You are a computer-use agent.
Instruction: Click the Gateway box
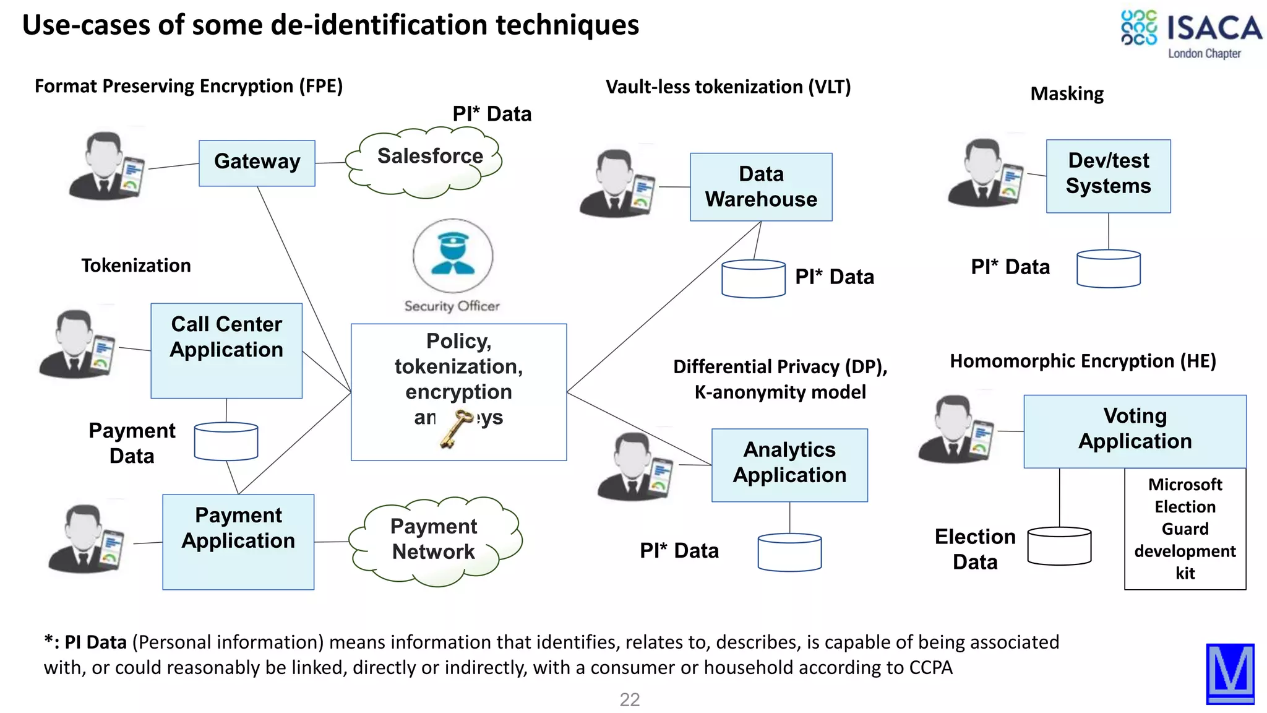(257, 163)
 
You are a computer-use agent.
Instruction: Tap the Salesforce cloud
(427, 161)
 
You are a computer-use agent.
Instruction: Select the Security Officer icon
(453, 256)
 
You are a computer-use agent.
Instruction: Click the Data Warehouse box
(761, 187)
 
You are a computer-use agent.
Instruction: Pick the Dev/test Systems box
(1108, 176)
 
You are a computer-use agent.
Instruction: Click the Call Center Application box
(226, 350)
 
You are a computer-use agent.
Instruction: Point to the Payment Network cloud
(434, 540)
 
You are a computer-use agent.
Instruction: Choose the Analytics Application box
(789, 465)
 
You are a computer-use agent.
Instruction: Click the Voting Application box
(1135, 431)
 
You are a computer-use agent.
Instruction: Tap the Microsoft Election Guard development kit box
(1185, 529)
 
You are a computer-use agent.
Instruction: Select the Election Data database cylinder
(1059, 546)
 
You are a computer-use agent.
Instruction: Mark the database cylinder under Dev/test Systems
(1108, 269)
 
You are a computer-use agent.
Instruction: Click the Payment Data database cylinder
(226, 441)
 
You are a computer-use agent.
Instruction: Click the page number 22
(630, 699)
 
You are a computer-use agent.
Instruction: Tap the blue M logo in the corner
(1230, 673)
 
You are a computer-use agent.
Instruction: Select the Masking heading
(1067, 93)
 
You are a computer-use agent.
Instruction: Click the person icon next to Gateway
(106, 166)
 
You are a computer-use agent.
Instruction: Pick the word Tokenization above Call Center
(136, 266)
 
